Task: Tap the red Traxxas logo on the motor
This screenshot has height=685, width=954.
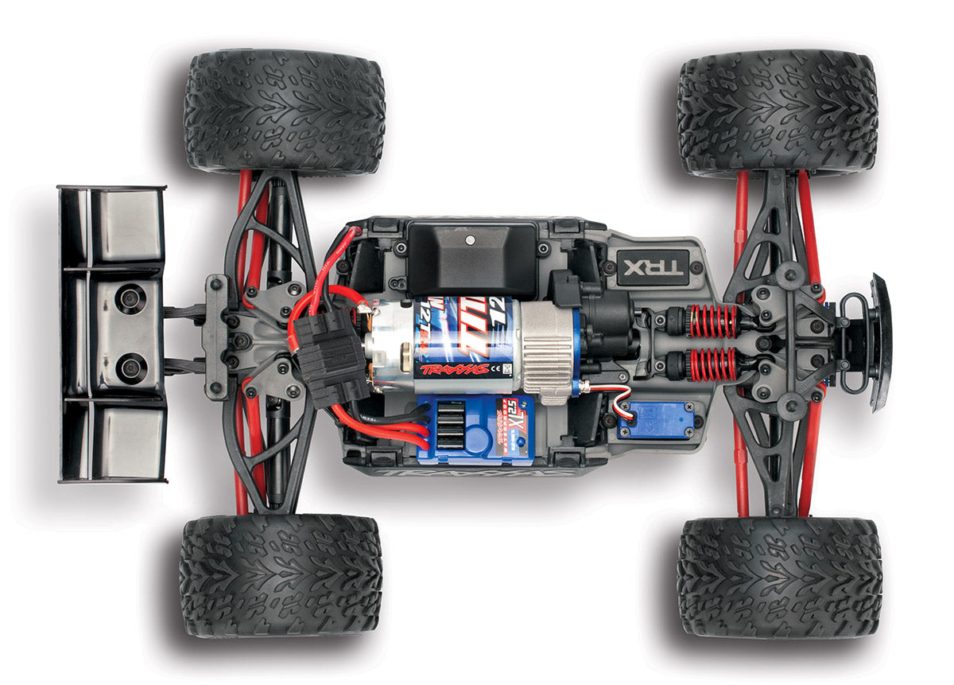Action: [x=454, y=369]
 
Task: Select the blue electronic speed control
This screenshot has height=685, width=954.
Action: [x=475, y=429]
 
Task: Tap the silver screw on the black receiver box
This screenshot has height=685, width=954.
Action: [x=470, y=238]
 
